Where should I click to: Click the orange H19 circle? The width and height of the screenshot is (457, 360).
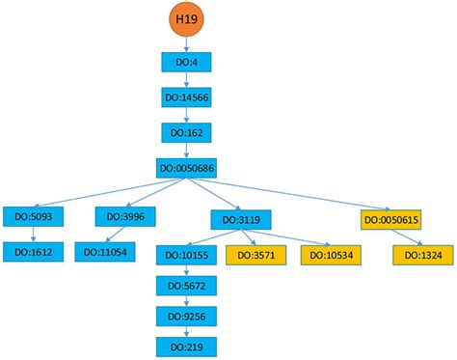coord(186,18)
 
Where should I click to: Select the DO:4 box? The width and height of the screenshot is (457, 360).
coord(186,64)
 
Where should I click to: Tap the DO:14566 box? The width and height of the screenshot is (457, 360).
coord(186,98)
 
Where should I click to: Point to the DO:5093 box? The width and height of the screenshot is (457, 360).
coord(33,217)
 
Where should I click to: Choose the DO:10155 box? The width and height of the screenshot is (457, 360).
coord(186,255)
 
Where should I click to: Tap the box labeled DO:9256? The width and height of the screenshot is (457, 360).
coord(186,316)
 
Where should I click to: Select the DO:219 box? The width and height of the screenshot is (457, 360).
coord(186,345)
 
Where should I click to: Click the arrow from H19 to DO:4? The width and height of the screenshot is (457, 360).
coord(186,44)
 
